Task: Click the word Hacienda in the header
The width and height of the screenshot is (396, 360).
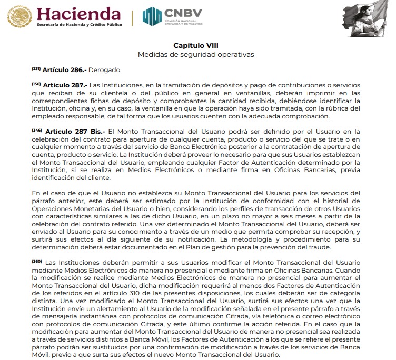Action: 79,13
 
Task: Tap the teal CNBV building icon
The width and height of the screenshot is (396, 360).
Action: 152,16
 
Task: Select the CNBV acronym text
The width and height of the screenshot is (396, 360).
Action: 181,12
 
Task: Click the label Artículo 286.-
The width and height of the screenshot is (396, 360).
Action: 64,69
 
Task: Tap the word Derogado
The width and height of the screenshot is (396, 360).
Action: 105,69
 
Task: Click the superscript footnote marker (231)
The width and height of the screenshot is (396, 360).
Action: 36,68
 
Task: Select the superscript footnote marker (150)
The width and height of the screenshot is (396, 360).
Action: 36,84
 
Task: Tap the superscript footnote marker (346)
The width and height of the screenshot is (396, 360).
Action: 36,130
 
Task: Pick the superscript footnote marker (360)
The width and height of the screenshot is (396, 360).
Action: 36,261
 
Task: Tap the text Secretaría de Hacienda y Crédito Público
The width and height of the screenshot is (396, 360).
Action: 79,25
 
